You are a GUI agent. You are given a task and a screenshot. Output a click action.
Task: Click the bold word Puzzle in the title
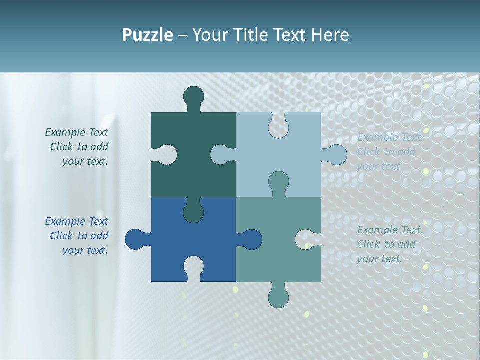point(147,35)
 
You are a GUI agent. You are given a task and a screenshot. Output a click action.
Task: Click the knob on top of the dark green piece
point(194,96)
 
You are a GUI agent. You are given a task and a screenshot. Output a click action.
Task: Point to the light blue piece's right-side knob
point(336,155)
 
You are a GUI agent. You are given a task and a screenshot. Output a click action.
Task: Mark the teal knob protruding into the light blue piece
point(278,182)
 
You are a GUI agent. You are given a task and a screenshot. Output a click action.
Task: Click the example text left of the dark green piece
point(78,147)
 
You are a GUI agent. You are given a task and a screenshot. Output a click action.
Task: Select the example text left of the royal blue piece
point(78,236)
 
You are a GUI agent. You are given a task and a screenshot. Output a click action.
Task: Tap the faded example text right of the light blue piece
point(389,152)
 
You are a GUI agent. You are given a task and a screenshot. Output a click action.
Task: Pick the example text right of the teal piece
point(389,244)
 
